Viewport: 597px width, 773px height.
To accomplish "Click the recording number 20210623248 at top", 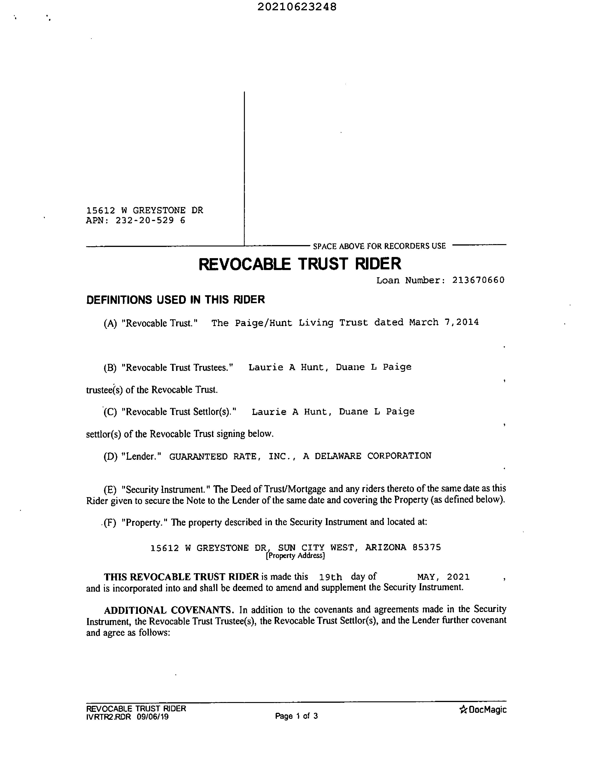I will [x=297, y=7].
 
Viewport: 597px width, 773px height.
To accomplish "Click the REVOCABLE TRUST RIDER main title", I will [x=300, y=264].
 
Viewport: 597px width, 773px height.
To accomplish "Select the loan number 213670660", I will [x=478, y=280].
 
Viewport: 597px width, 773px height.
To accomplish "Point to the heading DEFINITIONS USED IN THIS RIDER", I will [x=175, y=300].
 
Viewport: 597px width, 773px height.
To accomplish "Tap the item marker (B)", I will [x=110, y=368].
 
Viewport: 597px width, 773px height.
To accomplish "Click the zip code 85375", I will [x=427, y=548].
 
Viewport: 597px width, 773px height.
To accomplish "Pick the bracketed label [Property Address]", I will [x=295, y=556].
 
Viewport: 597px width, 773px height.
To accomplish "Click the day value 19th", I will [x=330, y=577].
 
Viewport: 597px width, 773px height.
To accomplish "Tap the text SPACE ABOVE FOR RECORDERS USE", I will [x=379, y=246].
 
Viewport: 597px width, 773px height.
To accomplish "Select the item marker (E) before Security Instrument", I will [x=110, y=490].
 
